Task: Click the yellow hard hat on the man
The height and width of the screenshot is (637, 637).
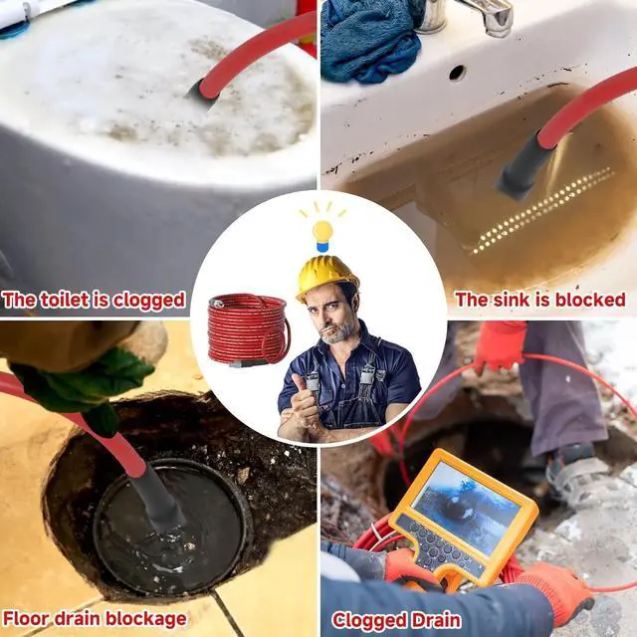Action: tap(326, 275)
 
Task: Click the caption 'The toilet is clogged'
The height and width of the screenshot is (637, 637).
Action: tap(94, 299)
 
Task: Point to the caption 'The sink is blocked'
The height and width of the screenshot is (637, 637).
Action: tap(539, 299)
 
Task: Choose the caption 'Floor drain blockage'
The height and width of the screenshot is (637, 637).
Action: tap(95, 619)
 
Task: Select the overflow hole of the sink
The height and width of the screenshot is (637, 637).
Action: tap(457, 73)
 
